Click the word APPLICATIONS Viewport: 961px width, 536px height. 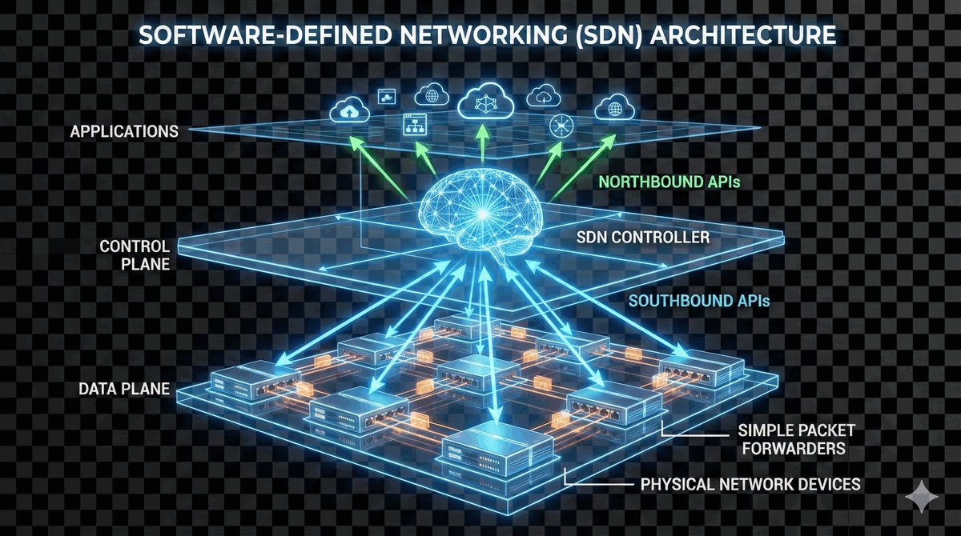(x=124, y=130)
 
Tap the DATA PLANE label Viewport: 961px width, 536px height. (x=124, y=390)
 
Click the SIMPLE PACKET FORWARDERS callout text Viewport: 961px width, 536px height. (x=790, y=439)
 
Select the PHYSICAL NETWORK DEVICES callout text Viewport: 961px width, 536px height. (x=750, y=484)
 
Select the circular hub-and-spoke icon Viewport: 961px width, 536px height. (x=559, y=126)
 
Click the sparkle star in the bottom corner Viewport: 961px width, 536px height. (x=921, y=498)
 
